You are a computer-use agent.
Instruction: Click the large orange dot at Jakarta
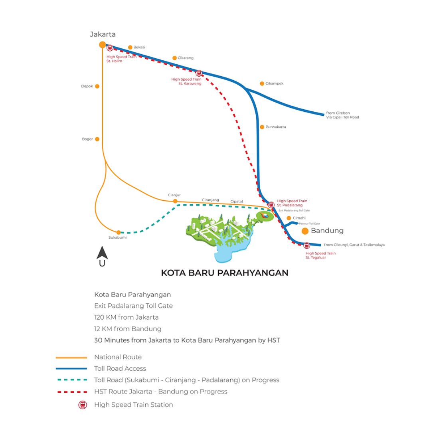tap(103, 45)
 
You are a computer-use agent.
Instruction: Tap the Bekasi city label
tap(139, 47)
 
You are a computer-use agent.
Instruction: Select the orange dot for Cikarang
tap(174, 58)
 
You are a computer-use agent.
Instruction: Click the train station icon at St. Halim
tap(110, 48)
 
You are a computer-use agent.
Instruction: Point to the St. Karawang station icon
tap(199, 73)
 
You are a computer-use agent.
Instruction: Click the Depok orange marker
tap(97, 86)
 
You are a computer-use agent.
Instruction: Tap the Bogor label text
tap(87, 139)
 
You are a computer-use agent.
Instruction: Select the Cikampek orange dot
tap(262, 83)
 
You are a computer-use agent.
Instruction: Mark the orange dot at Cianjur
tap(175, 201)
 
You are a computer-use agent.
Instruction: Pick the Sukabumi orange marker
tap(119, 232)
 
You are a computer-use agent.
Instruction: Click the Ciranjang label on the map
tap(210, 200)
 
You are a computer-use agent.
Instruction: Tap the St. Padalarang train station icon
tap(271, 205)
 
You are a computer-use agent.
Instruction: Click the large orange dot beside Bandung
tap(305, 231)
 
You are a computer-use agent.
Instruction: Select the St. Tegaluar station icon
tap(306, 245)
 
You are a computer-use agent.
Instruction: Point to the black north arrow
tap(102, 253)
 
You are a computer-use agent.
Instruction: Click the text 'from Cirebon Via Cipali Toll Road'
tap(342, 115)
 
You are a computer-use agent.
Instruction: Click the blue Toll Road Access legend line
tap(71, 369)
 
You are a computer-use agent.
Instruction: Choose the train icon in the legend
tap(83, 405)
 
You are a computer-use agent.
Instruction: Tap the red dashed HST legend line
tap(71, 392)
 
